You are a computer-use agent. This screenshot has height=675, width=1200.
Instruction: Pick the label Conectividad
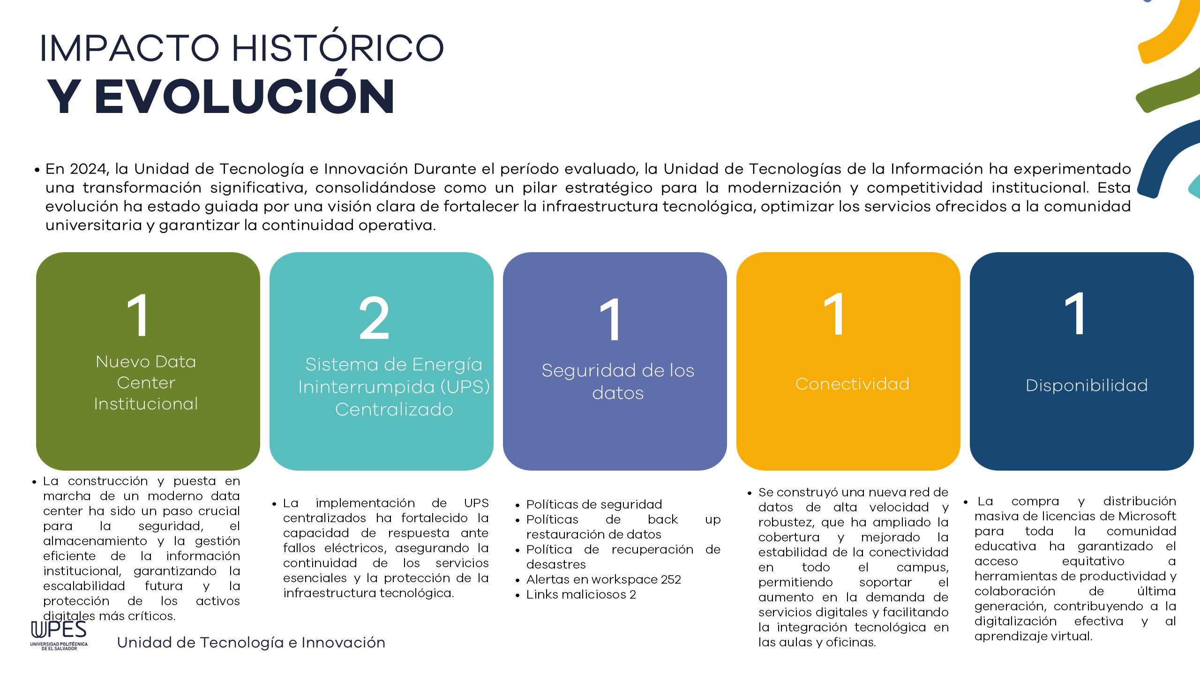coord(852,384)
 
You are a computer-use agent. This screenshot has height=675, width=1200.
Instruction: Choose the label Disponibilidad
coord(1087,385)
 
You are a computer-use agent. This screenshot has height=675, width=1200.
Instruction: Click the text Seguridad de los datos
coord(618,382)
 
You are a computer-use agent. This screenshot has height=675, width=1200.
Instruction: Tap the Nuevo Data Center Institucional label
coord(146,382)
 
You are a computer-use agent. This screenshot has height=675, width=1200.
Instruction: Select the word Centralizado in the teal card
coord(394,409)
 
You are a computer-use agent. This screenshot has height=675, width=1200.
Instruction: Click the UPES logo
coord(59,635)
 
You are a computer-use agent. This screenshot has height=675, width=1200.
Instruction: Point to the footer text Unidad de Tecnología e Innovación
coord(251,642)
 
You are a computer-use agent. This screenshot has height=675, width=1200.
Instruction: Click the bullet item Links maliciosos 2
coord(581,594)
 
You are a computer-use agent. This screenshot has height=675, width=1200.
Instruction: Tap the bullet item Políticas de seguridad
coord(594,504)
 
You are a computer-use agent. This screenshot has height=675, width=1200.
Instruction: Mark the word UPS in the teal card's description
coord(476,503)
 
